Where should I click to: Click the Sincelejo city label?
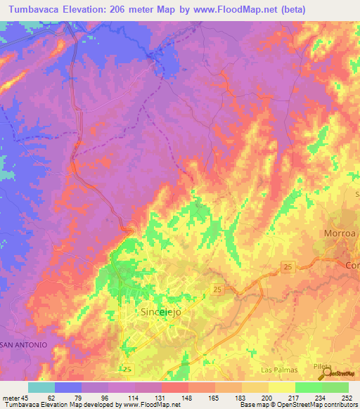pos(167,314)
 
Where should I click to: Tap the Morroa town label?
pos(341,233)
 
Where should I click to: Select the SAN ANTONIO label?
pos(23,345)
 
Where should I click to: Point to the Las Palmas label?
pos(279,370)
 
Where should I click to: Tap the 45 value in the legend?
pos(26,398)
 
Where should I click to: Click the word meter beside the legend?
pos(11,398)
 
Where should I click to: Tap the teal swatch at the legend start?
pos(41,387)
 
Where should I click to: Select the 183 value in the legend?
pos(241,398)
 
